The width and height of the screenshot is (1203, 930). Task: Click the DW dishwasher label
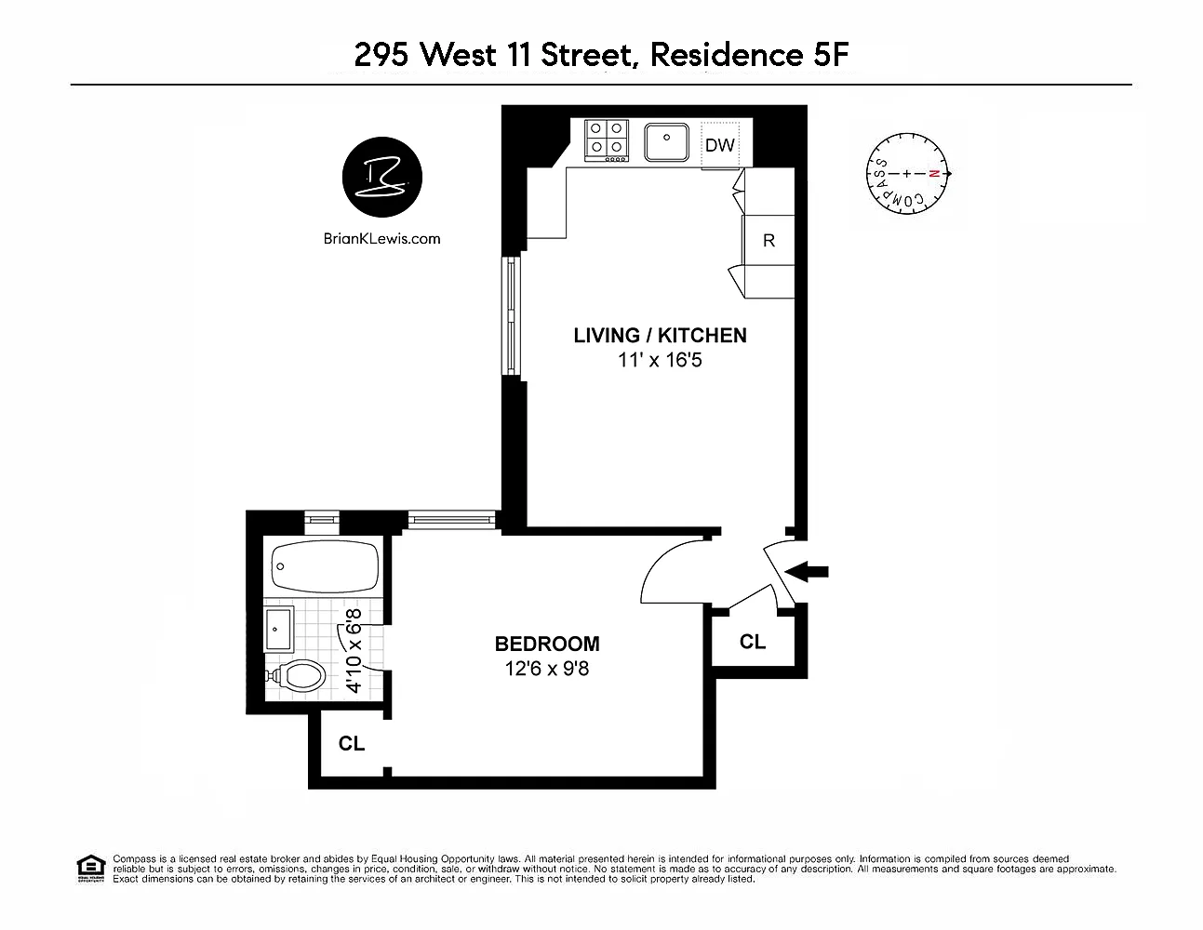click(719, 145)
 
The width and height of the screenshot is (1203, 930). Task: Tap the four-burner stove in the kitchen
click(607, 141)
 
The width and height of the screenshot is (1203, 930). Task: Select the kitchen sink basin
click(666, 141)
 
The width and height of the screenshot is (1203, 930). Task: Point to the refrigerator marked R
click(769, 240)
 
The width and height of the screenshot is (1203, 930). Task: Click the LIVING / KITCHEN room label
click(660, 335)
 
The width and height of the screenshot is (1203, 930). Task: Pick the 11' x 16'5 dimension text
click(660, 360)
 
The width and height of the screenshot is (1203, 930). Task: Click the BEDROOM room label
click(547, 644)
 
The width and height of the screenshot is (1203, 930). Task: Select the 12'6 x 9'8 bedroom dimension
click(547, 669)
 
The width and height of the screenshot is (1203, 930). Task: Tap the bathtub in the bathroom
click(325, 566)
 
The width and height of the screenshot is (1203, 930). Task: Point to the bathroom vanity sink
click(279, 630)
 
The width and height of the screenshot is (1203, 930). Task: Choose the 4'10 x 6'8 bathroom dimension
click(354, 651)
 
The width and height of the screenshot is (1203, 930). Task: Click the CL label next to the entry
click(753, 642)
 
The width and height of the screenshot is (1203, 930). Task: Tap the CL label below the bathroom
click(352, 744)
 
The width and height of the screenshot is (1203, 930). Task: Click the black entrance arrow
click(807, 572)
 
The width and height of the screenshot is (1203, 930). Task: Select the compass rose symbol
click(907, 174)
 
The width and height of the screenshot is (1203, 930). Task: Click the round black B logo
click(382, 177)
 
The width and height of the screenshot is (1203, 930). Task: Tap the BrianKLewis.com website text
click(382, 239)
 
